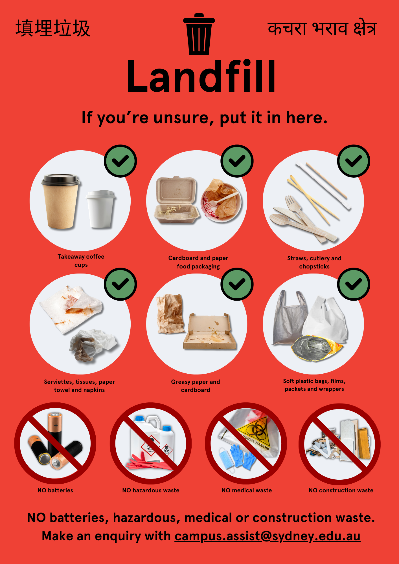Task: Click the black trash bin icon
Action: (199, 34)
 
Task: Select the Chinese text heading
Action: (53, 28)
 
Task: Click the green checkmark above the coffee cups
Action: (120, 161)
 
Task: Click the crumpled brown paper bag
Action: (170, 314)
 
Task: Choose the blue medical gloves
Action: (242, 456)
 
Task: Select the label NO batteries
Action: (55, 490)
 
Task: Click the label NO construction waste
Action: (341, 490)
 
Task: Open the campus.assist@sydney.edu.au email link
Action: (268, 536)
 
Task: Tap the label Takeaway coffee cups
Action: (81, 261)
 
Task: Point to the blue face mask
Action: (227, 459)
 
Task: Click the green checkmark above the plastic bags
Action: (354, 284)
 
